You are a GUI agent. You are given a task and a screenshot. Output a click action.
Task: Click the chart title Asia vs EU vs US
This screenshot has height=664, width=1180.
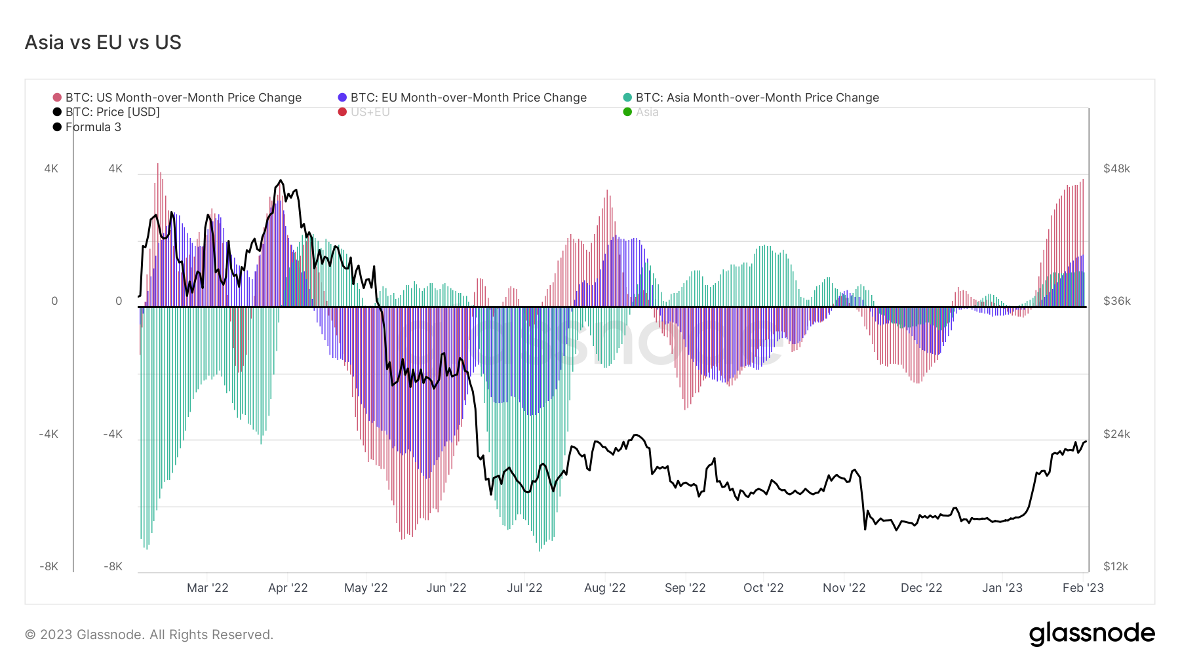pyautogui.click(x=103, y=43)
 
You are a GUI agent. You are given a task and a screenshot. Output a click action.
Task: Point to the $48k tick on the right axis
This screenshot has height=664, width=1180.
pyautogui.click(x=1116, y=169)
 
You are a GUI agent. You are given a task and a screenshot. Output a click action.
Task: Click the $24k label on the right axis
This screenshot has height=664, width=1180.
pyautogui.click(x=1116, y=434)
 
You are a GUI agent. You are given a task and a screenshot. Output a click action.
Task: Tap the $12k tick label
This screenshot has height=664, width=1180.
pyautogui.click(x=1116, y=566)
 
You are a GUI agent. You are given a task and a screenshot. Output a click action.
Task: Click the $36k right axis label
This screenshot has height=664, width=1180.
pyautogui.click(x=1116, y=302)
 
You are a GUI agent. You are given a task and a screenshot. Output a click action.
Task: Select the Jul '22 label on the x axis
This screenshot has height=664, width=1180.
pyautogui.click(x=524, y=588)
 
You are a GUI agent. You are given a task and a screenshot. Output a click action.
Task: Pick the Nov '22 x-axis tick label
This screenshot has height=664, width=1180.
pyautogui.click(x=844, y=588)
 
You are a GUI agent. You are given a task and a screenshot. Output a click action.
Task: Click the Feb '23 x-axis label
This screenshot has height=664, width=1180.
pyautogui.click(x=1082, y=588)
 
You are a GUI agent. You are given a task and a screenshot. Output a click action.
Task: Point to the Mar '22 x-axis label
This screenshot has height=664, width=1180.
pyautogui.click(x=207, y=588)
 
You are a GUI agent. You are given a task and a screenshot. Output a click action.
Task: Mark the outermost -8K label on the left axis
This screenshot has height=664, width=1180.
pyautogui.click(x=49, y=566)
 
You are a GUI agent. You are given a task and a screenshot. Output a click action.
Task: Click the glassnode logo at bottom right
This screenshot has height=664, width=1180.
pyautogui.click(x=1091, y=634)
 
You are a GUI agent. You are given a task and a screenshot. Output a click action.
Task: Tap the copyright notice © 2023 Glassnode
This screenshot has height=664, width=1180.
pyautogui.click(x=149, y=635)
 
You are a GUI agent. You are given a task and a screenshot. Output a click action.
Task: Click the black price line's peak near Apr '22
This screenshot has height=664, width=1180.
pyautogui.click(x=281, y=180)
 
